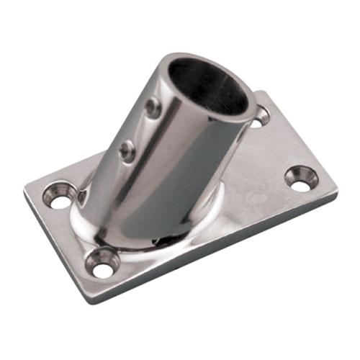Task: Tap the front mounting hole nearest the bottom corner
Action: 104,268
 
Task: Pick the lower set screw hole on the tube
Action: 127,150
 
